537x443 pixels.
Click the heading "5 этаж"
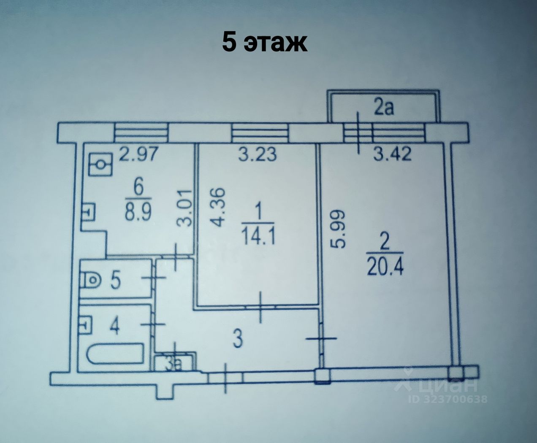coord(265,43)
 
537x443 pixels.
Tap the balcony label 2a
coord(384,108)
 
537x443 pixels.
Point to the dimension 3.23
coord(257,154)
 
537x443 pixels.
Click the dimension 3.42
coord(392,154)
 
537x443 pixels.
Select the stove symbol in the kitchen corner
coord(101,164)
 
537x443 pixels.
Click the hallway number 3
coord(238,340)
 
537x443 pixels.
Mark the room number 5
coord(115,281)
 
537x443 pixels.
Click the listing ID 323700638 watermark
coord(447,399)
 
